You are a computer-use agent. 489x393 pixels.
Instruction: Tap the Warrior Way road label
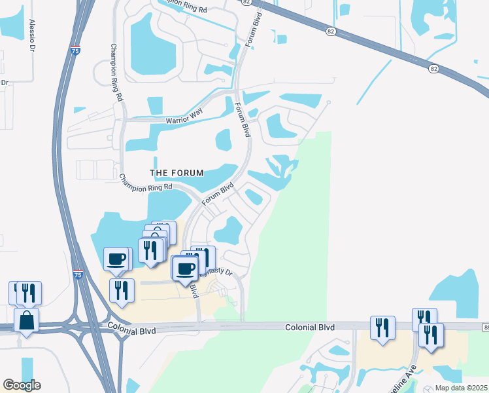(184, 115)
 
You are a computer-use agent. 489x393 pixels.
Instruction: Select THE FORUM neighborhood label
(177, 173)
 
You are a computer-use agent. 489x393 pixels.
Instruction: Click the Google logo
(22, 385)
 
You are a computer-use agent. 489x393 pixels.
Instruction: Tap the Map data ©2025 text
(462, 388)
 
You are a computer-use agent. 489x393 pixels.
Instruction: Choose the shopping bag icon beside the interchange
(25, 321)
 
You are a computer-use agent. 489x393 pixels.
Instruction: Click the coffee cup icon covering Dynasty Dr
(186, 267)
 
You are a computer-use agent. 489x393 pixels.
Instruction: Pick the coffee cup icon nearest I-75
(116, 258)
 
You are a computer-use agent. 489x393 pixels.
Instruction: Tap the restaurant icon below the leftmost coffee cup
(121, 290)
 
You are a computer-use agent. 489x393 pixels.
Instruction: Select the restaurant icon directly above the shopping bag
(27, 293)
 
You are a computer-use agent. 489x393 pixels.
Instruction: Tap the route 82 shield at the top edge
(246, 3)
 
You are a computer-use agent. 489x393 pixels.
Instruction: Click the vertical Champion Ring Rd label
(116, 71)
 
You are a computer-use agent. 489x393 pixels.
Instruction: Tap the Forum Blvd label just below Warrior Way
(242, 121)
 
